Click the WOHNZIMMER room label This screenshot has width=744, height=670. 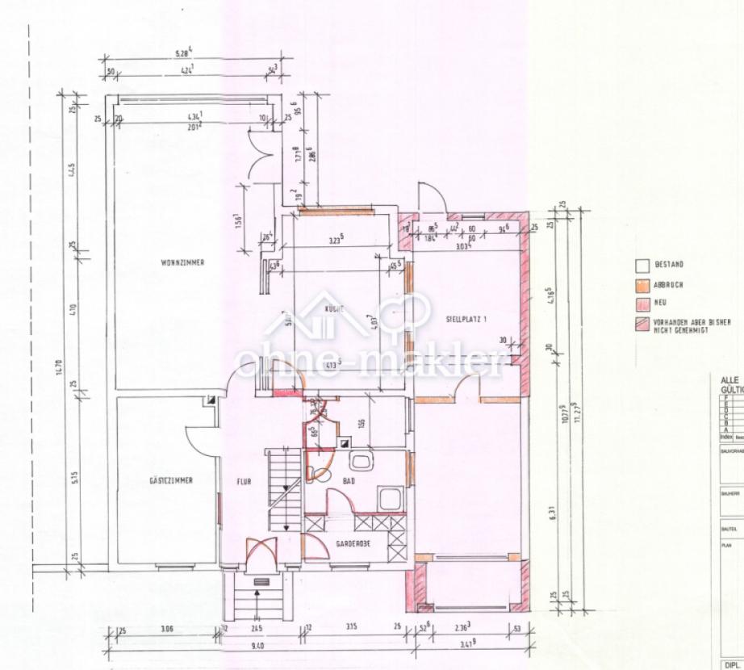click(x=182, y=262)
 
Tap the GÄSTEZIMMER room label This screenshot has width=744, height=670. click(x=170, y=480)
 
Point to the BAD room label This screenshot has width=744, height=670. click(x=349, y=480)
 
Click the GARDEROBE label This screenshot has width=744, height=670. click(x=353, y=544)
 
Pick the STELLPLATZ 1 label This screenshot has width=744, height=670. click(x=466, y=319)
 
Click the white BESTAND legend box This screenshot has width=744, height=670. click(x=643, y=265)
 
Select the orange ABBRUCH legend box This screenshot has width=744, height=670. click(x=643, y=284)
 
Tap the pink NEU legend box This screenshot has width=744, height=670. click(x=643, y=304)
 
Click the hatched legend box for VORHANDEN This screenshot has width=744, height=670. click(x=643, y=324)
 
